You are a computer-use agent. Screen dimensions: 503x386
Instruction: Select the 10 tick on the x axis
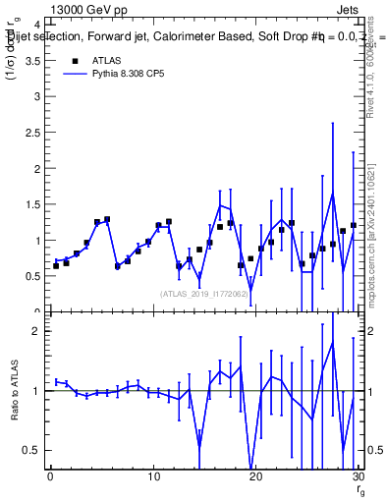[x=153, y=477]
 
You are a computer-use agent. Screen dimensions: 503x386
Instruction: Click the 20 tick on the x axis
[x=255, y=477]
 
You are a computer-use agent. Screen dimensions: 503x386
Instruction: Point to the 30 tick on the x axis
[x=358, y=477]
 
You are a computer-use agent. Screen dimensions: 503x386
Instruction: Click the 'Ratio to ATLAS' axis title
[x=13, y=411]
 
